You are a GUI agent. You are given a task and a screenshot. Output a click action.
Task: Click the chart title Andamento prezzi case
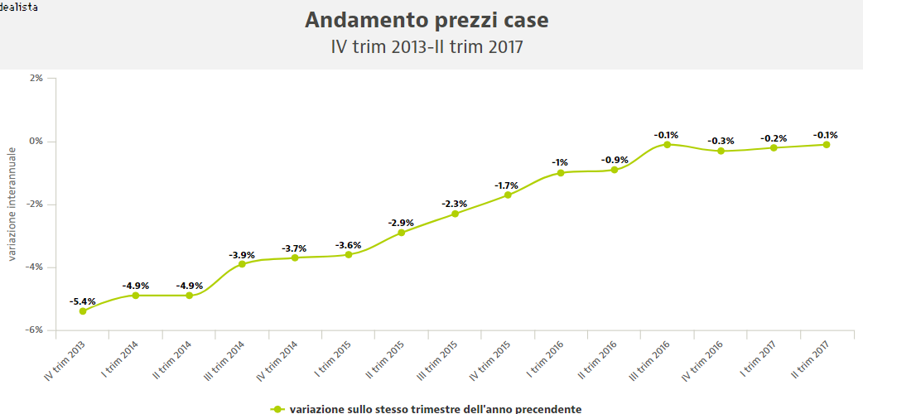[427, 19]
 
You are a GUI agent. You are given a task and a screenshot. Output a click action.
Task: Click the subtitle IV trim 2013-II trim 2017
[427, 46]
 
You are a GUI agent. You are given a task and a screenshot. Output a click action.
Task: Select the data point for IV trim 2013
[83, 311]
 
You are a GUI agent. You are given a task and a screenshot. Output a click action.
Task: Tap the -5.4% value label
[83, 301]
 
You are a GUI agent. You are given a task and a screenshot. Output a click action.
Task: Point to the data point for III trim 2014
[242, 264]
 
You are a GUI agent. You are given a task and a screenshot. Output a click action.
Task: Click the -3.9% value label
[242, 254]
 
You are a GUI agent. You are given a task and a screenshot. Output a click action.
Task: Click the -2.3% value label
[455, 204]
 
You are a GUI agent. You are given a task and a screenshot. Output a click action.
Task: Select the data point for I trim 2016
[561, 173]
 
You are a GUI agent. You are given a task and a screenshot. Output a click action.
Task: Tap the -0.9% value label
[615, 160]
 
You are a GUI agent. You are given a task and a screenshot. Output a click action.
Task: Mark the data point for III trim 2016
[667, 145]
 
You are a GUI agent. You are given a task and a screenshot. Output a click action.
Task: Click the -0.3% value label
[721, 141]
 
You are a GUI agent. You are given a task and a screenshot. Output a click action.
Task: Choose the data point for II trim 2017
[827, 145]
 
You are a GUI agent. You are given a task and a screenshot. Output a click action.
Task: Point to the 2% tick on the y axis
[36, 79]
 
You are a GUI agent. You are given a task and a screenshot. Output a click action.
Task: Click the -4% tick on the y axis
[34, 267]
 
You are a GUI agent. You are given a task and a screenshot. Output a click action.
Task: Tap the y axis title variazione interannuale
[12, 204]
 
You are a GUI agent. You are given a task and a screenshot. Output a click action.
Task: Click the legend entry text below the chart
[435, 408]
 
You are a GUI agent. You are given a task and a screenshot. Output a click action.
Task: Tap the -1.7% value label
[508, 185]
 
